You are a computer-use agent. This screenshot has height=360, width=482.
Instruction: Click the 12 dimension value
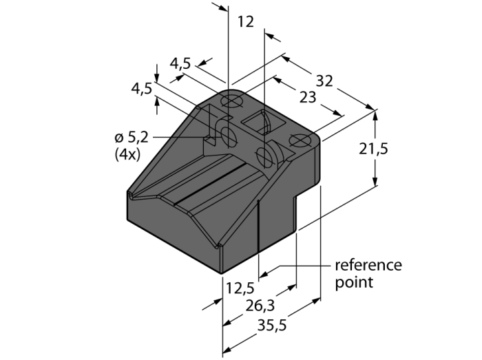click(245, 21)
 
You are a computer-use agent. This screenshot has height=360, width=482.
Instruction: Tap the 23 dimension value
click(308, 98)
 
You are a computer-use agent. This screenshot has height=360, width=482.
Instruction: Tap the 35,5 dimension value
click(271, 326)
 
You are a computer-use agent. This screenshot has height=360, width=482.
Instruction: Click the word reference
click(368, 265)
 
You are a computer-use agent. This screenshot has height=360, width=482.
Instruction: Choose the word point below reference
click(354, 282)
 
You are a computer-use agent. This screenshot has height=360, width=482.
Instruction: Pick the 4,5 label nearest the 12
click(180, 64)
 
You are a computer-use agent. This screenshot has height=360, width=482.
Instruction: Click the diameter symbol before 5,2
click(114, 137)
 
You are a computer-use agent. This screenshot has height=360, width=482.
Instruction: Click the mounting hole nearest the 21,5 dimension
click(300, 141)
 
